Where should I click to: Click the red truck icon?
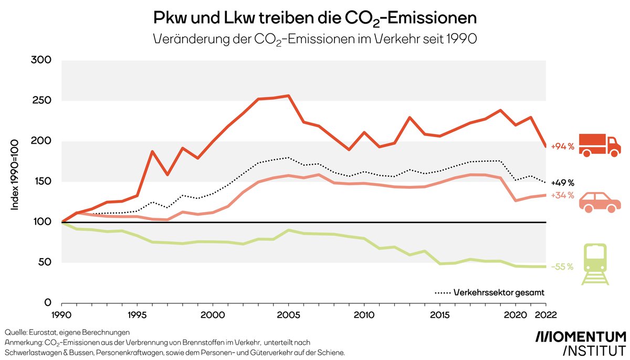click(599, 145)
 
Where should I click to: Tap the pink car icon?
click(599, 203)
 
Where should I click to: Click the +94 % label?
click(562, 147)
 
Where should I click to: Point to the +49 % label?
click(562, 183)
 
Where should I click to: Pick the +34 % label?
click(562, 196)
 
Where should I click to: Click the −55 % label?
click(562, 267)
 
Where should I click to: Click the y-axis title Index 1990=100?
click(16, 174)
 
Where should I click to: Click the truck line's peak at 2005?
click(288, 96)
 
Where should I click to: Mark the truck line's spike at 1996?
click(152, 152)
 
